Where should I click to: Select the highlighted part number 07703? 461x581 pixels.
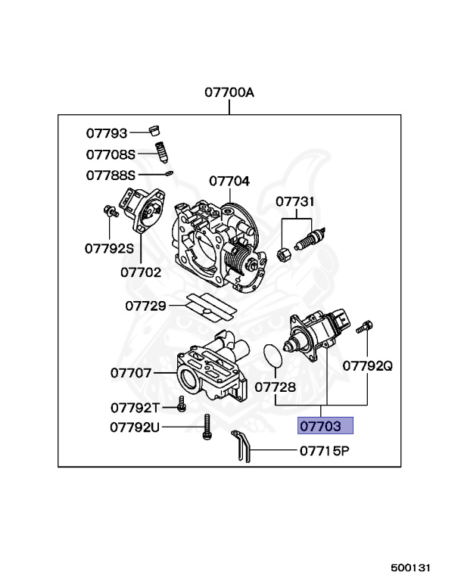[x=326, y=426]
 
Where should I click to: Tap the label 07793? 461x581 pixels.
[x=107, y=133]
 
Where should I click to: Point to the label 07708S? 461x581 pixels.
[x=111, y=154]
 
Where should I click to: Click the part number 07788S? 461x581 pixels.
[x=111, y=175]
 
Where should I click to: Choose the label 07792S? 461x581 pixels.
[x=109, y=247]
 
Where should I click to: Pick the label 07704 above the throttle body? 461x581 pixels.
[x=229, y=181]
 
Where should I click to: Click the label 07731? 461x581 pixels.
[x=295, y=202]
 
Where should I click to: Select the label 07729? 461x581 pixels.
[x=145, y=306]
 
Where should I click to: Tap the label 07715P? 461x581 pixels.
[x=323, y=452]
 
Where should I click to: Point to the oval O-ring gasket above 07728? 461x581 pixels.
[x=272, y=357]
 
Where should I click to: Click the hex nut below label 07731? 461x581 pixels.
[x=283, y=253]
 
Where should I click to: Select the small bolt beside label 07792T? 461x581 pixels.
[x=182, y=405]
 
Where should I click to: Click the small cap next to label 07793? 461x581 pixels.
[x=155, y=128]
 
